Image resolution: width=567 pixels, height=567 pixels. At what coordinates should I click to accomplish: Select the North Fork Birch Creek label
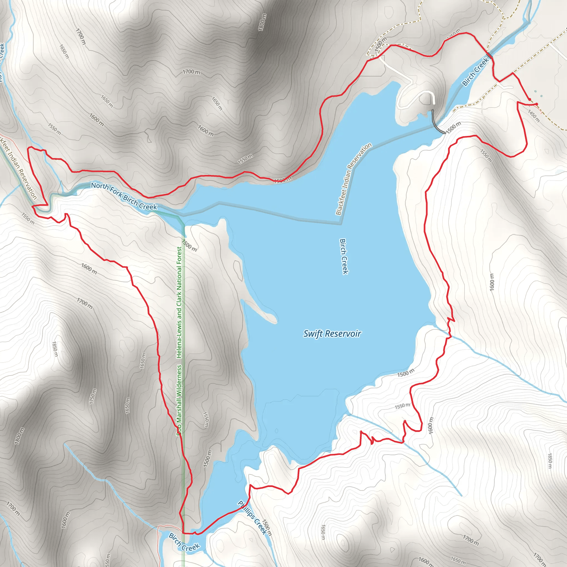[x=124, y=196]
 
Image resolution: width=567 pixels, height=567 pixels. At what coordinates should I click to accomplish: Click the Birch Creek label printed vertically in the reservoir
[x=344, y=256]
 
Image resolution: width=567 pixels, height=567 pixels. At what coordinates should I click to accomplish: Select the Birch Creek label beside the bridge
[x=475, y=72]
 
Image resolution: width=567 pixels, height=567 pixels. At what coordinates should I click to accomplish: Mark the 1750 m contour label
[x=93, y=396]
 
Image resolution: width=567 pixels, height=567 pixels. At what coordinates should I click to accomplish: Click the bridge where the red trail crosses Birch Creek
[x=489, y=55]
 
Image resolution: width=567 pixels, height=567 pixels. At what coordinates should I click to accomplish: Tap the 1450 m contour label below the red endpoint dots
[x=534, y=116]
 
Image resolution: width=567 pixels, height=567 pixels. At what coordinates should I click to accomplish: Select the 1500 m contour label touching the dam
[x=453, y=128]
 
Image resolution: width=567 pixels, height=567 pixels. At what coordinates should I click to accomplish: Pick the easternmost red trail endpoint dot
[x=537, y=104]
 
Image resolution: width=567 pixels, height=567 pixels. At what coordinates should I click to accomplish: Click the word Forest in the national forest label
[x=179, y=257]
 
